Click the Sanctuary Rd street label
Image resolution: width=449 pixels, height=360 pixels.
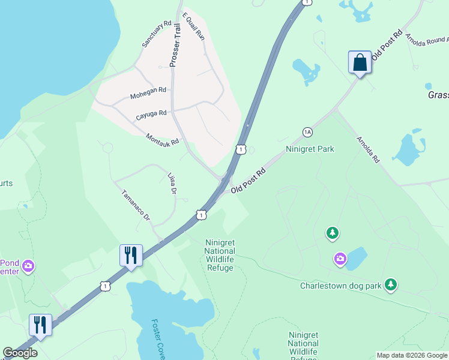157,35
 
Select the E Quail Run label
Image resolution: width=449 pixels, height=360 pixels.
194,26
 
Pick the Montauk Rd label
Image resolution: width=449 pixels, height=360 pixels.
162,139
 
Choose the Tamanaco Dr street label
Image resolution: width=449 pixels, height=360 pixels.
136,206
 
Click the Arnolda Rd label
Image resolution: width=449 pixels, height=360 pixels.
368,150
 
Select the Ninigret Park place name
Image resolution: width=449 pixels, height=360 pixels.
310,149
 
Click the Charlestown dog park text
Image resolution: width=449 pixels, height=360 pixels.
341,286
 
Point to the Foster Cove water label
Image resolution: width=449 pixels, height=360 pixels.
158,335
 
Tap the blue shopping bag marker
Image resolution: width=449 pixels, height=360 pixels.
360,62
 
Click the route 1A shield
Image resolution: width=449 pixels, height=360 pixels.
308,132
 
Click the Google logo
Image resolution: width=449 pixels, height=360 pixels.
20,353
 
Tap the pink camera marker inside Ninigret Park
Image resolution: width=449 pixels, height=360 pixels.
340,259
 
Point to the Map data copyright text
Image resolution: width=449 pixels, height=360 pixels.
412,355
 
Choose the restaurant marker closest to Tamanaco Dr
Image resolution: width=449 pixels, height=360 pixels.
130,256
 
